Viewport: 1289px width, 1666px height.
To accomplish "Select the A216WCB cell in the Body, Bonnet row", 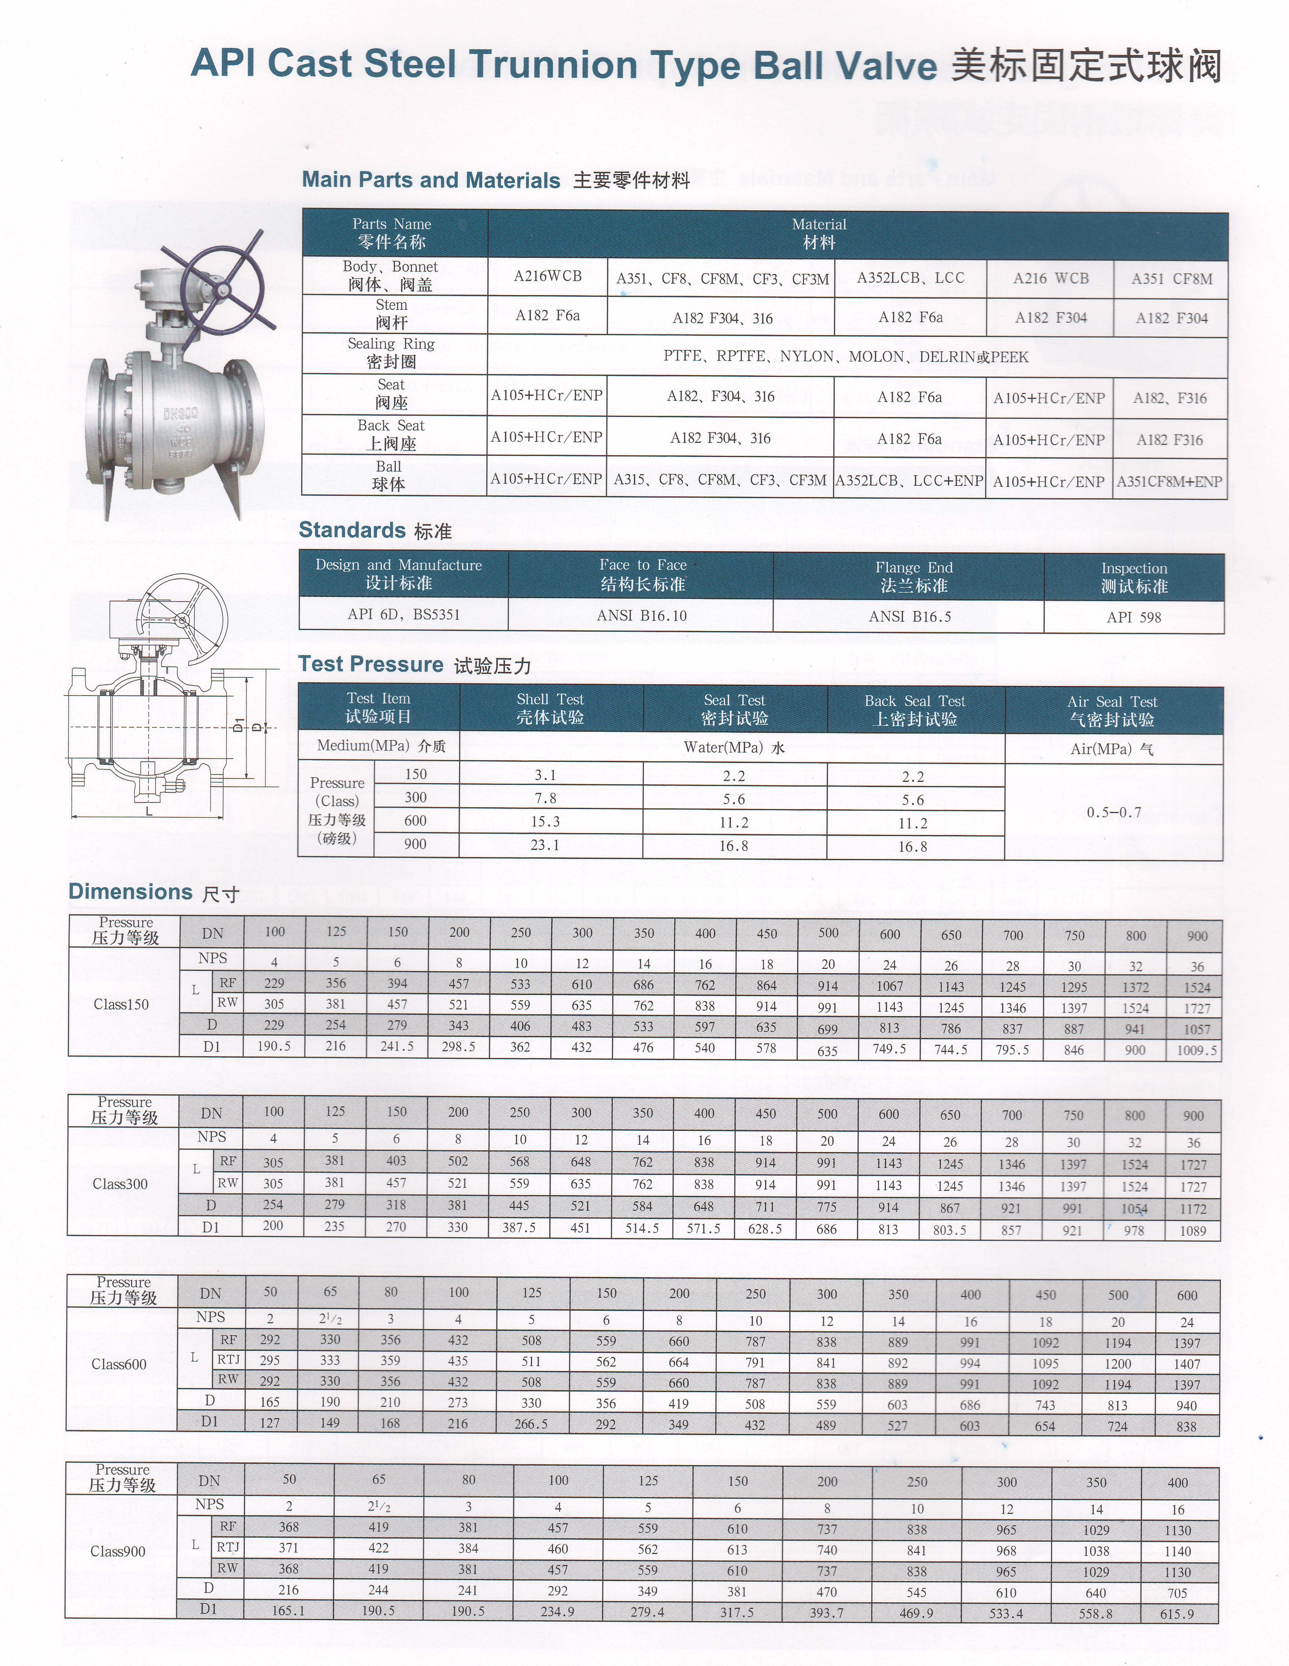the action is coord(548,276).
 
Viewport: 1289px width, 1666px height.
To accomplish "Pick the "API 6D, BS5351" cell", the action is coord(403,614).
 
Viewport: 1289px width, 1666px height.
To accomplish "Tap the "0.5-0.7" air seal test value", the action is coord(1113,813).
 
